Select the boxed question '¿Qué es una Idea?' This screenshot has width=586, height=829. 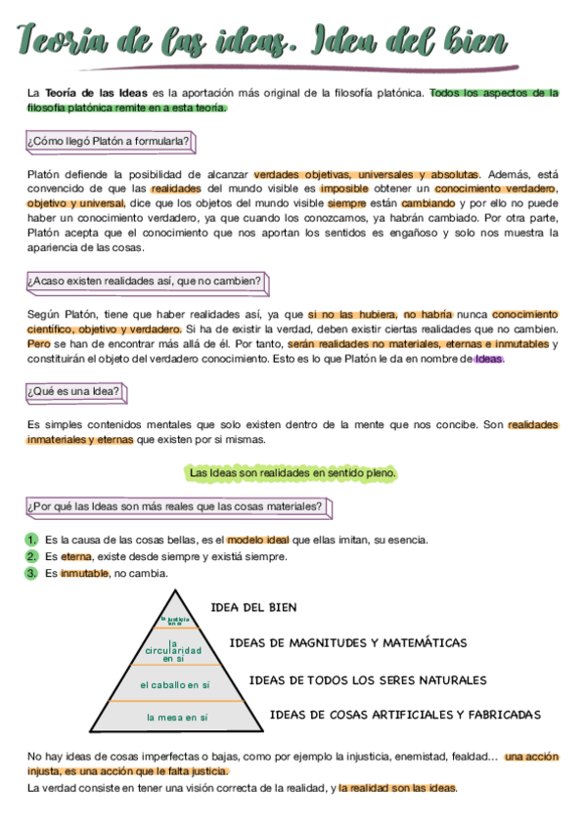coord(74,392)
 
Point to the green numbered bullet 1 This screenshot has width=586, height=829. coord(31,540)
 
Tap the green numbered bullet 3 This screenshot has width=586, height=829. coord(31,573)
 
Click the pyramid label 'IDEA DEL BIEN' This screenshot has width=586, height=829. coord(253,607)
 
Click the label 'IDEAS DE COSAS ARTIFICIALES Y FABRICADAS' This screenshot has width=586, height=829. coord(405,715)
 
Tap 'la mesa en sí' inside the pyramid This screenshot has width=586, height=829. coord(177,718)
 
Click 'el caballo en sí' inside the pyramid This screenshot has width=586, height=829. coord(175,684)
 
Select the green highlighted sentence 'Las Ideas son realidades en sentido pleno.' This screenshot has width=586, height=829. coord(293,473)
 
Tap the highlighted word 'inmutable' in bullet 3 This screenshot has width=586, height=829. coord(84,573)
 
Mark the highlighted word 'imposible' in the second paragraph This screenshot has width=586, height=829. coord(345,188)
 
